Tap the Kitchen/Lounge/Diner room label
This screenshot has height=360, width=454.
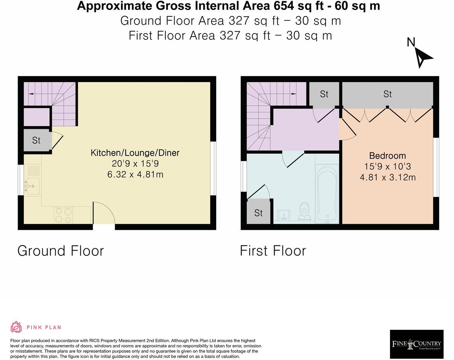pyautogui.click(x=135, y=153)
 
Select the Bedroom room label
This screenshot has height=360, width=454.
pyautogui.click(x=387, y=156)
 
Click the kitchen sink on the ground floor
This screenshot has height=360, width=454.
pyautogui.click(x=33, y=186)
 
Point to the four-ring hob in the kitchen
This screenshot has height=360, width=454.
pyautogui.click(x=63, y=214)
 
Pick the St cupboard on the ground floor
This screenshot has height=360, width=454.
pyautogui.click(x=36, y=140)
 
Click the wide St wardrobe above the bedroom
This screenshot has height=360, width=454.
pyautogui.click(x=387, y=94)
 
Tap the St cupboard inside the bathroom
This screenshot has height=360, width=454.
pyautogui.click(x=258, y=212)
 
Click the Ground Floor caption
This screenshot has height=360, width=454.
pyautogui.click(x=61, y=251)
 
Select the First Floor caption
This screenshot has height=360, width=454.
pyautogui.click(x=273, y=251)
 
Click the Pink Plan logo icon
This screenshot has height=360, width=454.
pyautogui.click(x=16, y=327)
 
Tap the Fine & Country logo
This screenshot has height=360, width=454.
pyautogui.click(x=416, y=344)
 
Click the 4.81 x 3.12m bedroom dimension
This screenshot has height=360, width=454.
pyautogui.click(x=387, y=177)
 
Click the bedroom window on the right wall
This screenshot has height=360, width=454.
pyautogui.click(x=437, y=167)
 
